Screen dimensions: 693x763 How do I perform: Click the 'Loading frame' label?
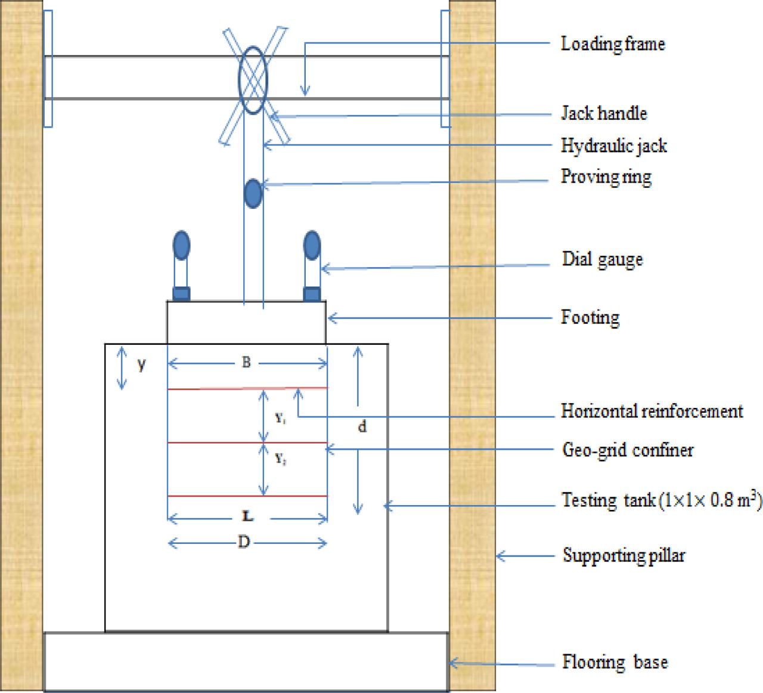pyautogui.click(x=612, y=44)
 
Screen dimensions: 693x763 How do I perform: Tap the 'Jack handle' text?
pyautogui.click(x=603, y=113)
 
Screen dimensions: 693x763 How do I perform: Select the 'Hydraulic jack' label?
pyautogui.click(x=613, y=146)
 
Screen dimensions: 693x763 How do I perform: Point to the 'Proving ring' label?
pyautogui.click(x=606, y=177)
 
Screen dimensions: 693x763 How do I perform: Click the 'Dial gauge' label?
pyautogui.click(x=602, y=259)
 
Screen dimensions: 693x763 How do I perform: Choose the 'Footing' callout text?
pyautogui.click(x=590, y=317)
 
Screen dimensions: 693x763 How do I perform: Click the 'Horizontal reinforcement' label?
pyautogui.click(x=652, y=411)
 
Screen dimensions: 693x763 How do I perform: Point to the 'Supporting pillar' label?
pyautogui.click(x=624, y=555)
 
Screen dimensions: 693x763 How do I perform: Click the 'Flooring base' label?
pyautogui.click(x=615, y=662)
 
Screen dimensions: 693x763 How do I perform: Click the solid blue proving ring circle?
pyautogui.click(x=253, y=193)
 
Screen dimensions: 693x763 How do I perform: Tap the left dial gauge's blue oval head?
pyautogui.click(x=181, y=245)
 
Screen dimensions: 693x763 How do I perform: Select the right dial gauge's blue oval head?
pyautogui.click(x=312, y=245)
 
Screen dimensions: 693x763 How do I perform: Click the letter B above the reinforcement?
pyautogui.click(x=246, y=363)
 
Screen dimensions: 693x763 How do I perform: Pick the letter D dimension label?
pyautogui.click(x=244, y=543)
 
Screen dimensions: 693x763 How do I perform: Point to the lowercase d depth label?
pyautogui.click(x=362, y=426)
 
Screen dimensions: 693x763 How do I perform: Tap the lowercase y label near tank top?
pyautogui.click(x=141, y=365)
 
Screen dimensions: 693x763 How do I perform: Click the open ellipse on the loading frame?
pyautogui.click(x=253, y=79)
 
